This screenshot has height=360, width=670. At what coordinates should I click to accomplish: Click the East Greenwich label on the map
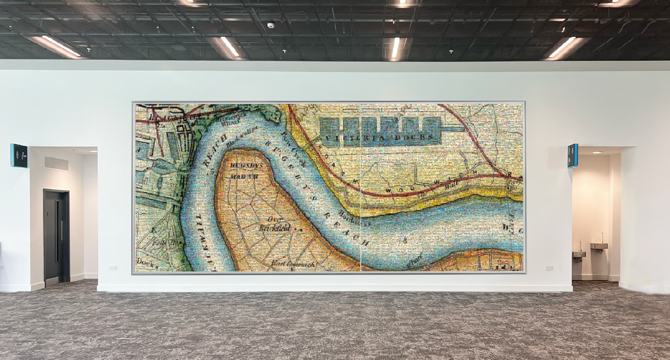pos(293,264)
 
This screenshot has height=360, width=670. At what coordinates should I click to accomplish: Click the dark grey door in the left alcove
pos(56,236)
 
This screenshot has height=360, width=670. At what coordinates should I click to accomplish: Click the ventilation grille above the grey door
pos(56,163)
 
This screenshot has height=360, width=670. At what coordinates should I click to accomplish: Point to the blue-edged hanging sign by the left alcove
pos(19,156)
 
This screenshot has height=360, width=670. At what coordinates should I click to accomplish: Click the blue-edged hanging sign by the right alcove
pos(573,155)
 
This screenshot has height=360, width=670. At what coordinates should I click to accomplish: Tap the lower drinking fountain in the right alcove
pos(578,254)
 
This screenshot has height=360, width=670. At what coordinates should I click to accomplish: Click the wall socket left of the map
pos(112,268)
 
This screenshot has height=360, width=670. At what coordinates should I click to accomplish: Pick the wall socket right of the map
pos(549,268)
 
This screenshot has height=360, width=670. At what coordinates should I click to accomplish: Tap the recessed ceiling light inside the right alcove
pos(596,152)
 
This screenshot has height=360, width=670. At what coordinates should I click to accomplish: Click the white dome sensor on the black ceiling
pos(271,25)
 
